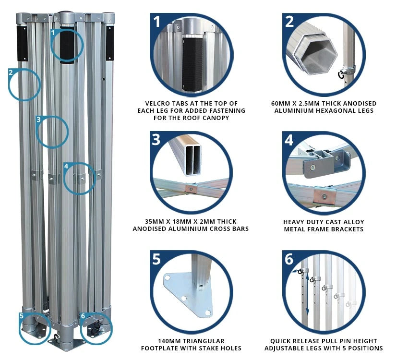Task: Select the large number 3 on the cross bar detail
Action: tap(156, 140)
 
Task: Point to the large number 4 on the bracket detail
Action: tap(289, 140)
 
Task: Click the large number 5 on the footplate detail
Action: tap(156, 259)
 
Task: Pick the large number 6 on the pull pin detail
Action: tap(289, 259)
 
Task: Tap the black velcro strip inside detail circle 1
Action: tap(192, 64)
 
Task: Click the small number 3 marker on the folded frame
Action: tap(39, 120)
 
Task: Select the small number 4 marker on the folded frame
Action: tap(66, 166)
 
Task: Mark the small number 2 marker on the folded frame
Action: tap(11, 72)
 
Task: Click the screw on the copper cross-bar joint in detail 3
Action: tap(192, 189)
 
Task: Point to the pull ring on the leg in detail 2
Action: tap(341, 75)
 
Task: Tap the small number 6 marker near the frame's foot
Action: tap(83, 316)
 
